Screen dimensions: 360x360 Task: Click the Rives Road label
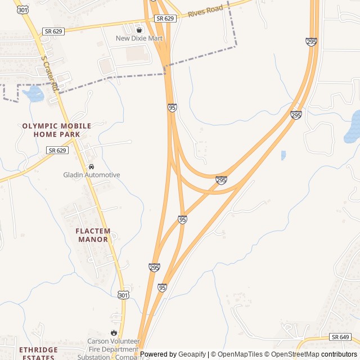[x=205, y=10]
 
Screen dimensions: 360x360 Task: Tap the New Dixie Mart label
[x=139, y=38]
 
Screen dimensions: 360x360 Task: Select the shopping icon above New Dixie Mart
[x=139, y=30]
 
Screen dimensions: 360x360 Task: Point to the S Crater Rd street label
[x=49, y=73]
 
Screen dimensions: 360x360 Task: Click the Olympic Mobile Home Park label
[x=56, y=130]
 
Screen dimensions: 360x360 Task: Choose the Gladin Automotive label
[x=91, y=175]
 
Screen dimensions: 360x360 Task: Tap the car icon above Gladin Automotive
[x=91, y=167]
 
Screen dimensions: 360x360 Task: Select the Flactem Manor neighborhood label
[x=93, y=235]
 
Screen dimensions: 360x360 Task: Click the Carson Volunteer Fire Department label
[x=113, y=345]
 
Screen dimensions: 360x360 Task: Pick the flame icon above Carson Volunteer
[x=114, y=332]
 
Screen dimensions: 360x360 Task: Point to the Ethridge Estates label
[x=38, y=353]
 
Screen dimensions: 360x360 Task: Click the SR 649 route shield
[x=340, y=336]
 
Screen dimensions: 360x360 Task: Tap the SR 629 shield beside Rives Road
[x=165, y=19]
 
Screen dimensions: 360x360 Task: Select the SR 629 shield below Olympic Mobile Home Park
[x=57, y=150]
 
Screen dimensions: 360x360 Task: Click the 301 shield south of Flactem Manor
[x=123, y=295]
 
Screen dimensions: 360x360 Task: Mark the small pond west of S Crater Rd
[x=34, y=94]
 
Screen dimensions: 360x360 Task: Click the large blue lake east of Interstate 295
[x=353, y=127]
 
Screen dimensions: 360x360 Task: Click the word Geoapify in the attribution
[x=192, y=354]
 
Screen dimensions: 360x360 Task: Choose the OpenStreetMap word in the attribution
[x=295, y=354]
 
